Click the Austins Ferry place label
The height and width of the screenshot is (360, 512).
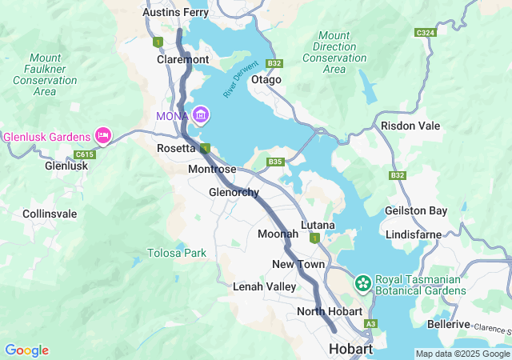click(174, 13)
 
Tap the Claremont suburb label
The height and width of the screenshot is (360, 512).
click(183, 59)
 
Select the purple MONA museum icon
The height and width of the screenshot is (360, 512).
click(200, 117)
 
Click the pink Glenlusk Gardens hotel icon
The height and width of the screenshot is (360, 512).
click(102, 135)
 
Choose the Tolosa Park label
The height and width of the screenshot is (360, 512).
click(177, 253)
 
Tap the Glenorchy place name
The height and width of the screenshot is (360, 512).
click(234, 193)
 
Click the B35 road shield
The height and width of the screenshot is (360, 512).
click(276, 162)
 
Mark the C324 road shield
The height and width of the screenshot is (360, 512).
click(425, 33)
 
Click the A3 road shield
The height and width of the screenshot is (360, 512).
click(370, 323)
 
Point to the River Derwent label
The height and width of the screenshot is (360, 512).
click(241, 79)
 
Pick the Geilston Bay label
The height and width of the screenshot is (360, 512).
click(416, 210)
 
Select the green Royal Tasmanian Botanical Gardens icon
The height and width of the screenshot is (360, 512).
click(362, 282)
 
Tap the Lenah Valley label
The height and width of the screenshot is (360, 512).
click(265, 286)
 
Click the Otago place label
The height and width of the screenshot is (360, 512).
click(266, 80)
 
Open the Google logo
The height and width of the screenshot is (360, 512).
click(26, 350)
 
